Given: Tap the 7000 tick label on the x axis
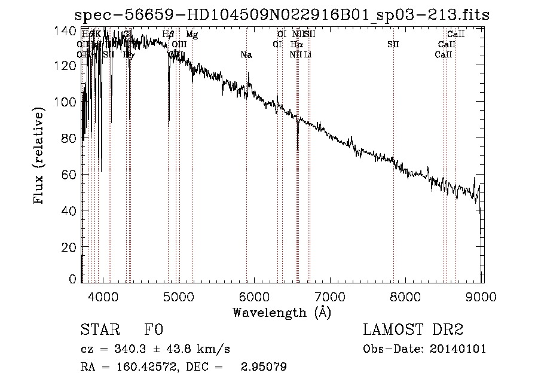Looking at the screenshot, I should (330, 296).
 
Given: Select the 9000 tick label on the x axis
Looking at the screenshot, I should (482, 296).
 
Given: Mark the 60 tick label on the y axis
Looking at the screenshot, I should (69, 174).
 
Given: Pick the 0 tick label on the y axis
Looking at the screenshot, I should (72, 279).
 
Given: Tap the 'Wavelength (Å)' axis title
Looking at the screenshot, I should (282, 312).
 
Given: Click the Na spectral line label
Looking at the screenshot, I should (246, 55).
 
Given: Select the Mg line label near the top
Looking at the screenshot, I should (192, 35).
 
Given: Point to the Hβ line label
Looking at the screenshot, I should (168, 35).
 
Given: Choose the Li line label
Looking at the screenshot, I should (307, 55).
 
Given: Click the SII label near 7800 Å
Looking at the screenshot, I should (393, 45).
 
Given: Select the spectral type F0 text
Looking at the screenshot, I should (154, 330).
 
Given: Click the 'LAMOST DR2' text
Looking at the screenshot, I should (413, 330).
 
